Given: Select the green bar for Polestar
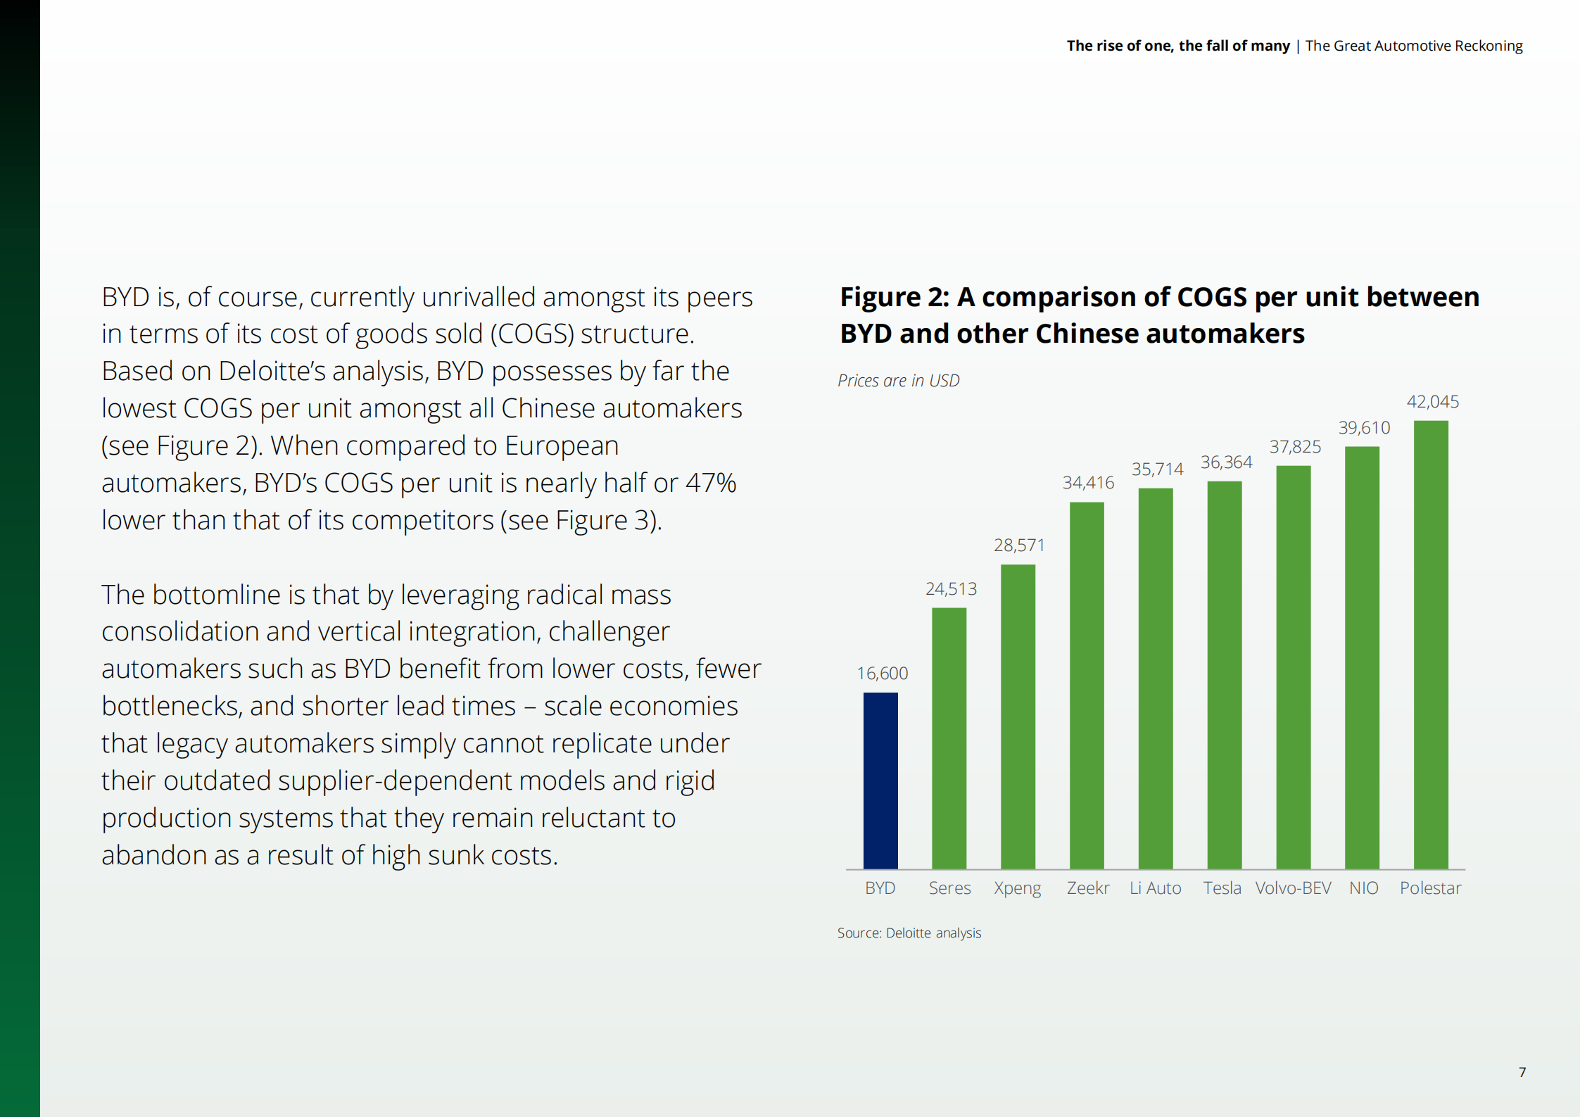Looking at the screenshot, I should point(1430,644).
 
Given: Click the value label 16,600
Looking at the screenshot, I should point(882,674).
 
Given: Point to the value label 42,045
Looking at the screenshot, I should point(1432,402).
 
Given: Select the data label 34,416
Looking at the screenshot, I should point(1088,483).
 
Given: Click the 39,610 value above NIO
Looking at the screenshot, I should point(1364,428).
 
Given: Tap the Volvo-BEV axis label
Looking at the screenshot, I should point(1293,888).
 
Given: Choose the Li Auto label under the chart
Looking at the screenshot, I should point(1155,888).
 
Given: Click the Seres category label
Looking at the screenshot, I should point(949,888).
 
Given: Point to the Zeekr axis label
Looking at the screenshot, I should point(1087,888).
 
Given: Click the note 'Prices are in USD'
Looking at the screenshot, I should point(898,381).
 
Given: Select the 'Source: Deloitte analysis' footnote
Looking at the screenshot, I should point(909,933).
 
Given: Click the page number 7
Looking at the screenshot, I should point(1522,1072).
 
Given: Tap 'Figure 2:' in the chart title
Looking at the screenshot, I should point(895,298).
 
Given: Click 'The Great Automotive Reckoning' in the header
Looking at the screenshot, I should point(1413,46).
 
